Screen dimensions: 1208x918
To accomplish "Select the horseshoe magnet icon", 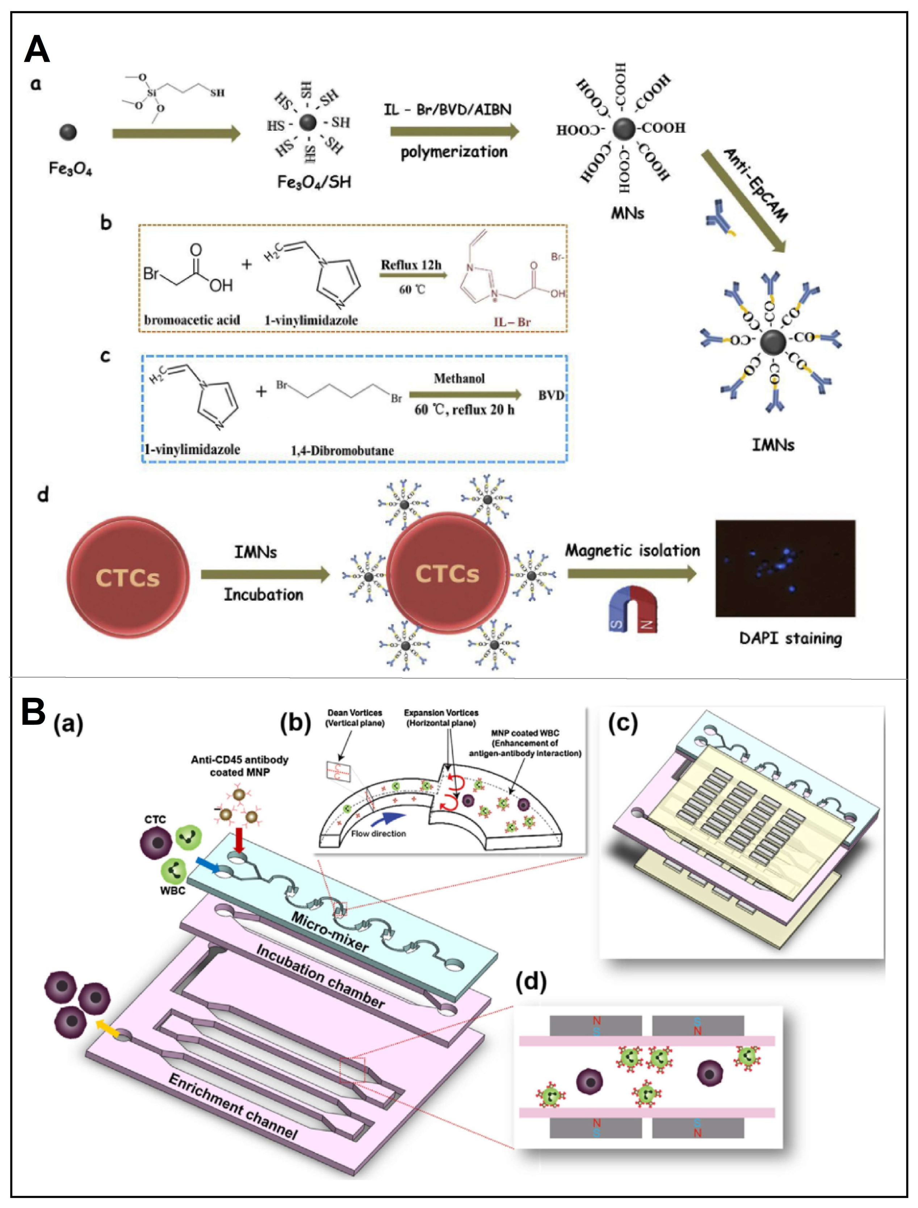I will (x=632, y=610).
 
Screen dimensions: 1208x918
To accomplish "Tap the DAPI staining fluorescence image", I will (x=785, y=568).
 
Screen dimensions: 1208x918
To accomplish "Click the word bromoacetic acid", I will (x=192, y=320).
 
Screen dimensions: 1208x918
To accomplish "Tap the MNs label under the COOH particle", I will (x=627, y=214).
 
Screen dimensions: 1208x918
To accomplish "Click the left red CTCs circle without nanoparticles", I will (x=128, y=577).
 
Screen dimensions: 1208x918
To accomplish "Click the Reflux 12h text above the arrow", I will (x=411, y=265).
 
